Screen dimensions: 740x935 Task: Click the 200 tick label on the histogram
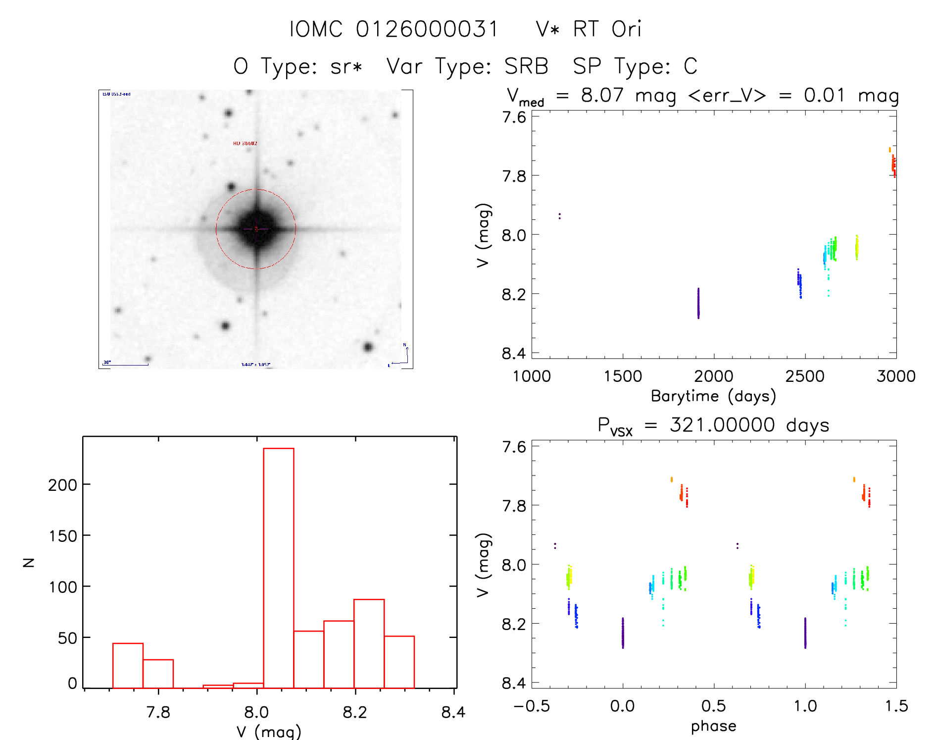[62, 485]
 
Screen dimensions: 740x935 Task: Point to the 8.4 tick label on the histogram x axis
[453, 712]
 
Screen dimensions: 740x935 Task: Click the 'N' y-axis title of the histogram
[29, 562]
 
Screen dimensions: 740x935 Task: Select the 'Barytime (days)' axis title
[713, 396]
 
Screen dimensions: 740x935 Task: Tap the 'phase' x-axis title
[713, 726]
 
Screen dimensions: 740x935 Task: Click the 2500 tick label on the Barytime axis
[805, 376]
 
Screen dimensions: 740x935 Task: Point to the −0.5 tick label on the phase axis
[532, 706]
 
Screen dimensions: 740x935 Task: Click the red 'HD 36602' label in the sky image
[245, 144]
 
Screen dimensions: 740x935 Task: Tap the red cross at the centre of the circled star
[256, 229]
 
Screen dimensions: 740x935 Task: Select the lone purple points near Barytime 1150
[559, 216]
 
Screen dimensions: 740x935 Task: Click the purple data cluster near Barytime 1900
[698, 303]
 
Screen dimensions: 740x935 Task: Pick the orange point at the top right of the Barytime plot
[889, 150]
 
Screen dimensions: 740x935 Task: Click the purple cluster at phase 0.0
[623, 633]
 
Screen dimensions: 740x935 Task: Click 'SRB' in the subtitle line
[526, 66]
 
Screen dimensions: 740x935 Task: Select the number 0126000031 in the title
[427, 29]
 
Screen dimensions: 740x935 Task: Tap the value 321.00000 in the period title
[722, 425]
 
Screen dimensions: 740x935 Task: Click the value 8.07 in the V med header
[602, 95]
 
